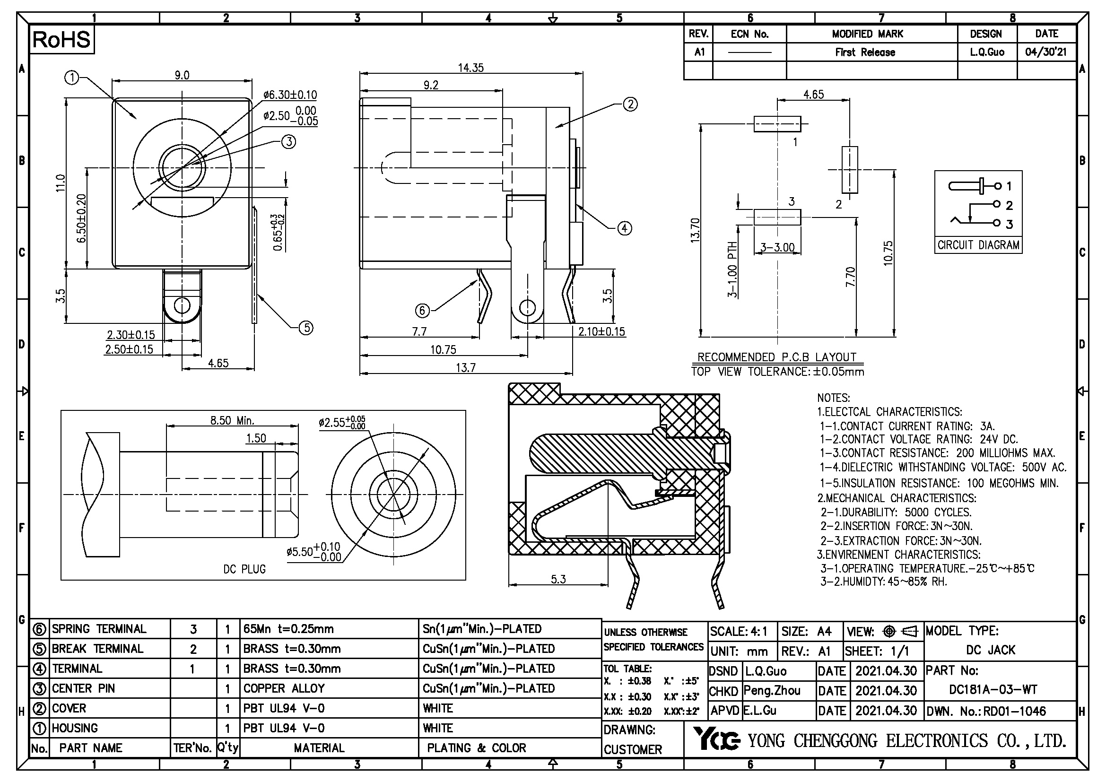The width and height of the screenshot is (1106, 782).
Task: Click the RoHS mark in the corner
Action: pyautogui.click(x=61, y=40)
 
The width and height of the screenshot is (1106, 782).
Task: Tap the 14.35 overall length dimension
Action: pyautogui.click(x=470, y=68)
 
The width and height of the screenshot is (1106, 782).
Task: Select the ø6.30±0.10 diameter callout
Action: pyautogui.click(x=290, y=95)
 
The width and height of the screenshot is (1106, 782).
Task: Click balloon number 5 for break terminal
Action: pyautogui.click(x=306, y=328)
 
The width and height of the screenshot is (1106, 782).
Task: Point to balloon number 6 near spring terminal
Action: pyautogui.click(x=422, y=311)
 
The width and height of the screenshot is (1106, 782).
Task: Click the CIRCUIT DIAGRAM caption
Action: pyautogui.click(x=978, y=245)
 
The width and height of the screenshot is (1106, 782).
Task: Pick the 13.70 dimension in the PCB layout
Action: pyautogui.click(x=695, y=230)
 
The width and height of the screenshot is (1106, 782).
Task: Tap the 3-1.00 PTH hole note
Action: pyautogui.click(x=732, y=269)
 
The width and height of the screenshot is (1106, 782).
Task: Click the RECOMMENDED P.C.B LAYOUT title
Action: pyautogui.click(x=776, y=357)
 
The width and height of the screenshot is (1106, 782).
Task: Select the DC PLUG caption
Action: pyautogui.click(x=244, y=569)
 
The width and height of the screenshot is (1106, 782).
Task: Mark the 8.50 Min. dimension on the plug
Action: pyautogui.click(x=232, y=420)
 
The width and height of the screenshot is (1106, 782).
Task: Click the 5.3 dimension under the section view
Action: pyautogui.click(x=558, y=579)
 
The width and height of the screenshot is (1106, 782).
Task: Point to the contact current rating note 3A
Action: pyautogui.click(x=907, y=426)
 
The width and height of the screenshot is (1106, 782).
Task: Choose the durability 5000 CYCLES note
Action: pyautogui.click(x=896, y=513)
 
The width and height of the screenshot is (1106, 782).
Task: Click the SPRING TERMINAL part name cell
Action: pyautogui.click(x=99, y=629)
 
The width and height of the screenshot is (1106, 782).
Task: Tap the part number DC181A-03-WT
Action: pyautogui.click(x=993, y=689)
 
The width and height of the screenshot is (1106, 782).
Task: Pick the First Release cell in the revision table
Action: pyautogui.click(x=865, y=52)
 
